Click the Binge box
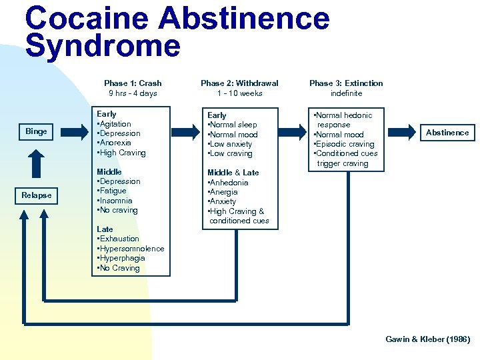tap(37, 131)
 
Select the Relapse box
tap(37, 195)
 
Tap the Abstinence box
tap(447, 133)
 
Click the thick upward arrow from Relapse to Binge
tap(37, 163)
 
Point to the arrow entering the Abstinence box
tap(403, 133)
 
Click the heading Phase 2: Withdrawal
tap(239, 83)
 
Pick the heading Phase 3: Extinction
tap(346, 83)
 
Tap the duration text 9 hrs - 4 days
tap(133, 93)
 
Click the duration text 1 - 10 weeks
tap(239, 93)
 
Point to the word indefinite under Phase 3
tap(347, 93)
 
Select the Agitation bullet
tap(115, 124)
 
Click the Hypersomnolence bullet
tap(131, 249)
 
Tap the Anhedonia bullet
tap(229, 183)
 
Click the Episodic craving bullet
tap(344, 144)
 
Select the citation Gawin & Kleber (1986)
tap(427, 339)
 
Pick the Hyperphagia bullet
tap(121, 258)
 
